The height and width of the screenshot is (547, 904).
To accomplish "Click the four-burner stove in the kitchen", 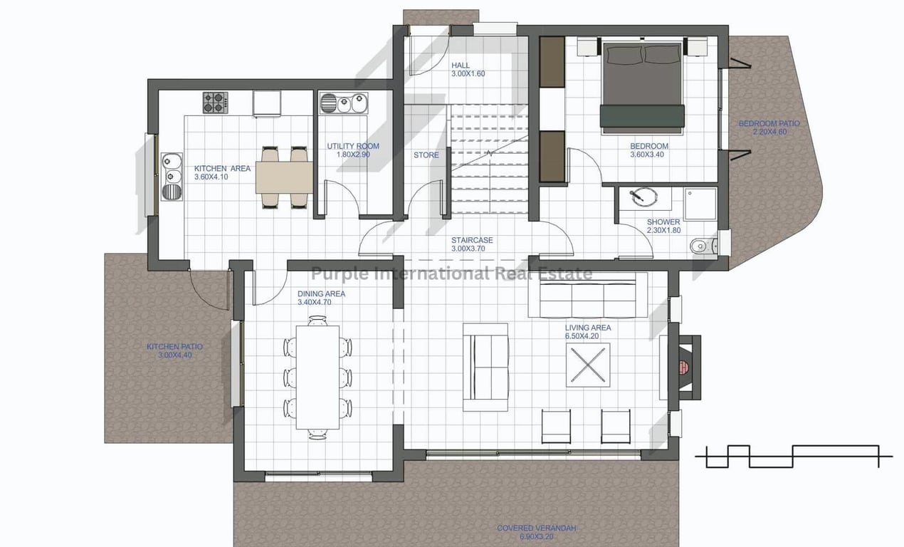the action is [x=215, y=103].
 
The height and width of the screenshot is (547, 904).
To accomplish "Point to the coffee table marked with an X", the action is [x=588, y=365].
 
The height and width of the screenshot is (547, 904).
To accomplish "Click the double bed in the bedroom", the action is [x=642, y=86].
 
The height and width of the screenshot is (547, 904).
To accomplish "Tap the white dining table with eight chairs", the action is [x=317, y=377].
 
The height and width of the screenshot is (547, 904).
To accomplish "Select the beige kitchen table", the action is [x=284, y=177].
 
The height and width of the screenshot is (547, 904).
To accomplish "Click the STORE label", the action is [x=426, y=155].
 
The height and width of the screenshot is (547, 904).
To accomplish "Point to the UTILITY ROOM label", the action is [x=353, y=146].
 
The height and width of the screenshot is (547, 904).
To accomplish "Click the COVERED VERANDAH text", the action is [x=536, y=528].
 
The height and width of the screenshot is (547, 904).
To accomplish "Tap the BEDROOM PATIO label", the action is [x=769, y=123].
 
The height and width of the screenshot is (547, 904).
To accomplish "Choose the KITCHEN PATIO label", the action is [x=174, y=347].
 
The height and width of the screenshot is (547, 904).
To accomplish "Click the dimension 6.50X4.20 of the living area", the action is [x=582, y=336].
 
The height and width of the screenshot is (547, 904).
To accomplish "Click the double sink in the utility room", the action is [x=344, y=103].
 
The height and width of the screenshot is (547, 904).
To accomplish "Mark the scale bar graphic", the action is [x=793, y=457].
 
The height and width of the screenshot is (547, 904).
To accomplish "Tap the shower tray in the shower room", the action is [x=700, y=204].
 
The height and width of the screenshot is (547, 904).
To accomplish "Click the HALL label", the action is [x=461, y=66].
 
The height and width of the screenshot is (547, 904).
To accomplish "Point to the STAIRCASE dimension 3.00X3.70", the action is [x=468, y=249].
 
